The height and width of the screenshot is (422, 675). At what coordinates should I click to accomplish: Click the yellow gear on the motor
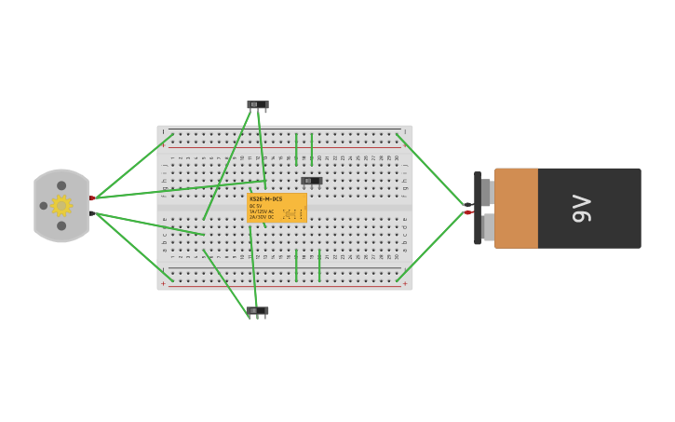[61, 206]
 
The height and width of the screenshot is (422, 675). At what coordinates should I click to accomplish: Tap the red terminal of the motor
[92, 198]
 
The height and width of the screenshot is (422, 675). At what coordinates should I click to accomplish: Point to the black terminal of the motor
[92, 213]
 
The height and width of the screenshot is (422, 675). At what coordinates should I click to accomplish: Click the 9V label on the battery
[582, 208]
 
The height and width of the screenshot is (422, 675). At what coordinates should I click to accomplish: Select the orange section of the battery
[516, 208]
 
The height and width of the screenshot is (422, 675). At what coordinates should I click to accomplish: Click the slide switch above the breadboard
[257, 104]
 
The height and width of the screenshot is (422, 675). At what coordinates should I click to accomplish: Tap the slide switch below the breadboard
[257, 311]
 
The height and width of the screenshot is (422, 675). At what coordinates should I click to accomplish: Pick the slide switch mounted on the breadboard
[311, 181]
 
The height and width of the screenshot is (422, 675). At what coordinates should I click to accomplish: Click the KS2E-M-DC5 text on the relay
[266, 199]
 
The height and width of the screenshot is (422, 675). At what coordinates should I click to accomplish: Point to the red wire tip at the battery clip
[470, 212]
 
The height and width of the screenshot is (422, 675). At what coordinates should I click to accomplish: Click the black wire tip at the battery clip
[469, 204]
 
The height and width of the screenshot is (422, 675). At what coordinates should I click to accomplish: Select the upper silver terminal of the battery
[487, 192]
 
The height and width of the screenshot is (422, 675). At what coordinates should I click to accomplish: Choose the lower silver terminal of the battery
[487, 227]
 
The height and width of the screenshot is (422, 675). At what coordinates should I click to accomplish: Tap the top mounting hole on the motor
[61, 185]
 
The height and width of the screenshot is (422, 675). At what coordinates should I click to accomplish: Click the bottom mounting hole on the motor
[61, 225]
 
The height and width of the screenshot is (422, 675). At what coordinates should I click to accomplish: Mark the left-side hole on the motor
[44, 206]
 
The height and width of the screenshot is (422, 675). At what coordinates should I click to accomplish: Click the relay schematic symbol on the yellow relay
[292, 214]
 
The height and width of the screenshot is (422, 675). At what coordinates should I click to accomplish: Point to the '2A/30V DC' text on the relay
[262, 217]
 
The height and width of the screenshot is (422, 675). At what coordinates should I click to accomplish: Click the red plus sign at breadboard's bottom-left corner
[163, 283]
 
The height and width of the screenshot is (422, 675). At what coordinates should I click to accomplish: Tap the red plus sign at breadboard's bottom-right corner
[405, 283]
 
